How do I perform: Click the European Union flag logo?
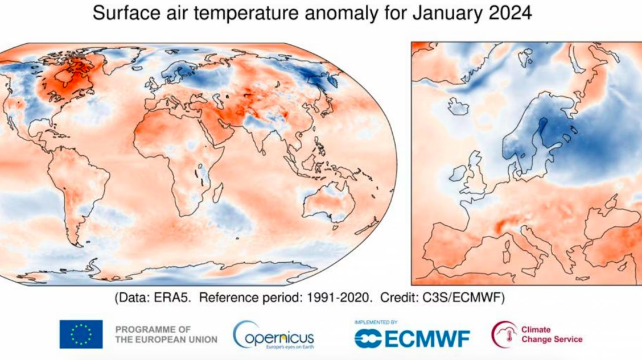[81, 334]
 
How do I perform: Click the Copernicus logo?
[274, 335]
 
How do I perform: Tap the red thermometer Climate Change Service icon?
[504, 334]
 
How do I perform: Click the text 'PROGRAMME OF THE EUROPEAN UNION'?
[166, 334]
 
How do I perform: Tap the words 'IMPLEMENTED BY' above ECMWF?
[376, 322]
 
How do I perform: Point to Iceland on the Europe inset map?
[458, 106]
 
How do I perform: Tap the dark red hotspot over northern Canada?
[65, 82]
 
